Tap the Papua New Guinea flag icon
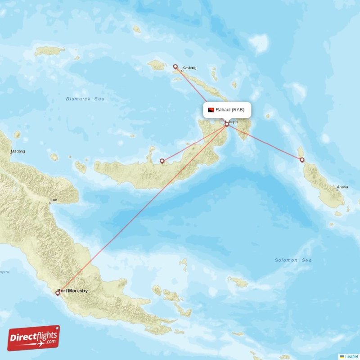point(211,110)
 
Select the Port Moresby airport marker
point(58,293)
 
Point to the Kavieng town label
point(189,68)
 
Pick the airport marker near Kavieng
point(175,67)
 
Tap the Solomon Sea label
point(293,260)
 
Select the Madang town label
point(18,151)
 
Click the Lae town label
point(54,199)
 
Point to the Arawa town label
point(342,187)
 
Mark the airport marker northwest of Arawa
point(302,159)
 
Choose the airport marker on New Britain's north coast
point(162,161)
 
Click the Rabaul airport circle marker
point(227,124)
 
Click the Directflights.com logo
point(34,338)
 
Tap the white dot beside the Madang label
point(11,154)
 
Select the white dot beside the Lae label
point(50,203)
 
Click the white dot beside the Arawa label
point(336,190)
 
